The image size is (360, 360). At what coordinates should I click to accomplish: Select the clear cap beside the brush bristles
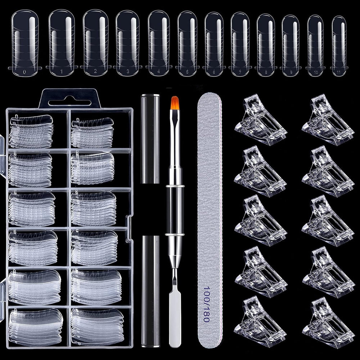(x=150, y=139)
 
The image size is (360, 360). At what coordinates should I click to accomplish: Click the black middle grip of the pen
(x=175, y=211)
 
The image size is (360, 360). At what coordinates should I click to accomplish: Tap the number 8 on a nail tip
(x=266, y=72)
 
